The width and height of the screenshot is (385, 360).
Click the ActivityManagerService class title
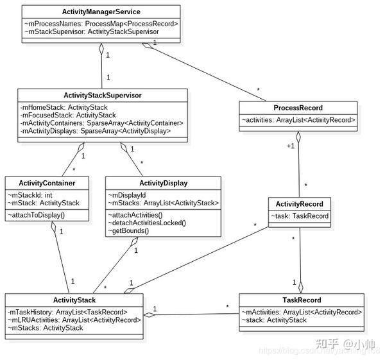click(x=102, y=12)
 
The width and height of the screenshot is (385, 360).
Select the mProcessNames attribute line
click(x=101, y=23)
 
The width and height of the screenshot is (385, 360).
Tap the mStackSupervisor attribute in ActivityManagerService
click(x=92, y=31)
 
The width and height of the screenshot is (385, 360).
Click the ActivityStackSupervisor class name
click(x=103, y=95)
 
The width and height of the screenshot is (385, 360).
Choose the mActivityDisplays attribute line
click(x=96, y=130)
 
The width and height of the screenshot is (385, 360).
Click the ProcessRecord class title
click(x=298, y=108)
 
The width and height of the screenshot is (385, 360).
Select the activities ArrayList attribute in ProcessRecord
click(x=298, y=119)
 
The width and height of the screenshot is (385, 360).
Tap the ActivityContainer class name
click(x=47, y=183)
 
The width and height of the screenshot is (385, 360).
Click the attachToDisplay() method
click(x=37, y=214)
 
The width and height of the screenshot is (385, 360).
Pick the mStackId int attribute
click(x=30, y=195)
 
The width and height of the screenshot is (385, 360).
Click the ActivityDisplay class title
click(x=163, y=183)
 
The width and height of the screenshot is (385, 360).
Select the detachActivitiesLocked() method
click(x=146, y=223)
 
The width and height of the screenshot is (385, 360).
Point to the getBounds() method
click(x=128, y=230)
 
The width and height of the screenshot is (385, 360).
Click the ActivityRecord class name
click(x=299, y=204)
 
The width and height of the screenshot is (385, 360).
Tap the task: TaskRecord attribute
click(x=299, y=216)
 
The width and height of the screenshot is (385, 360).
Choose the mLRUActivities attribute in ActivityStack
click(x=74, y=320)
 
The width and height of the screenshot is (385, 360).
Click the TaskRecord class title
click(x=301, y=300)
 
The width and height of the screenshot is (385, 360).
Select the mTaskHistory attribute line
click(x=68, y=312)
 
